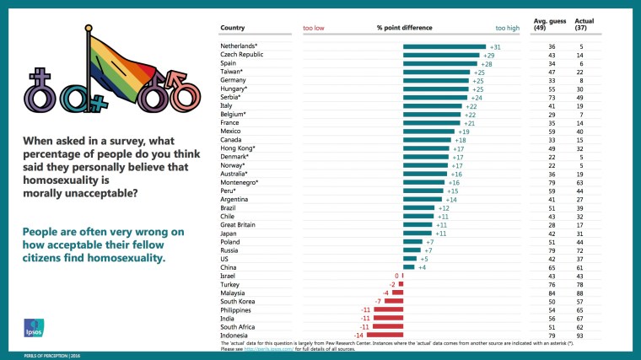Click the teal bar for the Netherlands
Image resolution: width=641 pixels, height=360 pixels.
tap(444, 47)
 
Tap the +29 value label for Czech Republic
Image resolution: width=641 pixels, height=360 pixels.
tap(489, 56)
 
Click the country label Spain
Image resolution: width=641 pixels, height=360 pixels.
tap(229, 64)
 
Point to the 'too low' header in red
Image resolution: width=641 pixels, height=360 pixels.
tap(315, 28)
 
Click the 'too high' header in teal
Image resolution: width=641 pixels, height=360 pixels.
tap(508, 28)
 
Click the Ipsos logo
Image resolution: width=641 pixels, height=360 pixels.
tap(34, 327)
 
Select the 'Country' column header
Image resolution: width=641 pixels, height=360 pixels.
tap(233, 28)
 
